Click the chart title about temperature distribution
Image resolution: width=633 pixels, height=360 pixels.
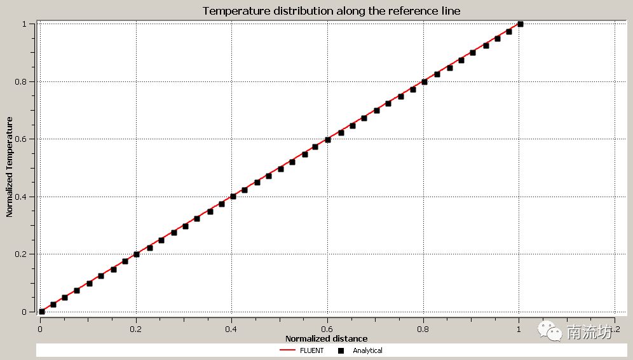(331, 11)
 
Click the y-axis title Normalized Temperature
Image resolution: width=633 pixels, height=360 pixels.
(10, 167)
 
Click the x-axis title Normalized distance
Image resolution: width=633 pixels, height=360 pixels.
(326, 338)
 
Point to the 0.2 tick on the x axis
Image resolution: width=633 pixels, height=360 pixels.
(135, 329)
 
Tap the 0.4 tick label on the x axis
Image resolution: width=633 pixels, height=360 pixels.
(231, 329)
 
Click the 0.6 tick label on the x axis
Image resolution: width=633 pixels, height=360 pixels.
(327, 329)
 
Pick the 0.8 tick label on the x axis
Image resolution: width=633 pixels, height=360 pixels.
(423, 329)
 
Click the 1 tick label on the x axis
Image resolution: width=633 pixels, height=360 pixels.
(519, 329)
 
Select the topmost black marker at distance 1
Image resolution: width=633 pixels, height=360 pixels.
(521, 24)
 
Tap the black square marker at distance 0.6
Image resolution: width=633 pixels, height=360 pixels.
(328, 140)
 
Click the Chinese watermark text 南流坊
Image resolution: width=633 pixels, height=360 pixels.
(589, 331)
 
